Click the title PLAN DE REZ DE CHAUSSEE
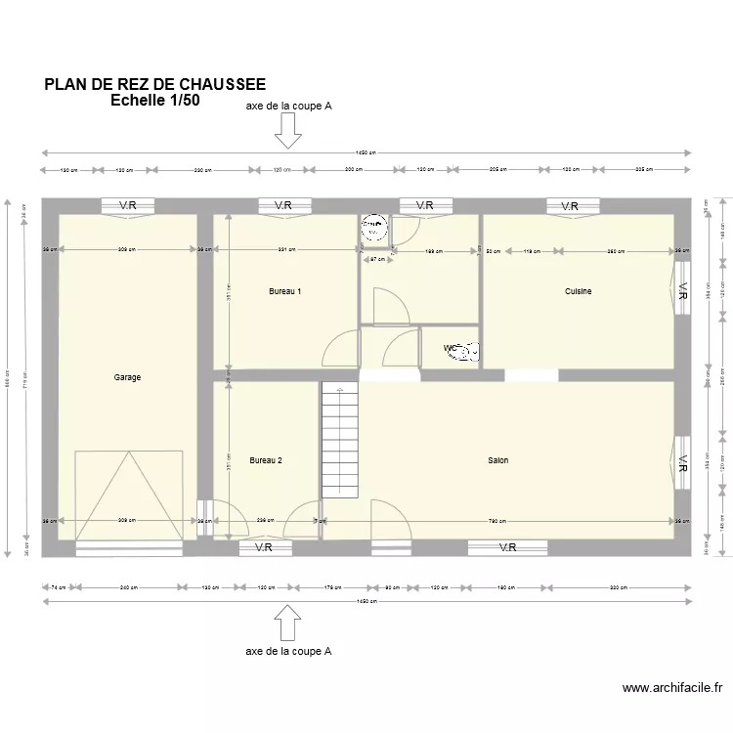(154, 85)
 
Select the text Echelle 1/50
(154, 101)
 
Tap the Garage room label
(127, 377)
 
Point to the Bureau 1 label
(284, 291)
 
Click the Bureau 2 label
(266, 459)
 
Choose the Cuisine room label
(578, 291)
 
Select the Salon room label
(498, 459)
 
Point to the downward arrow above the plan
(287, 130)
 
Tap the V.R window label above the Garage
(128, 205)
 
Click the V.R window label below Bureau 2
(263, 548)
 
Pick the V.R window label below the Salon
(507, 548)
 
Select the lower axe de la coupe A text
(288, 651)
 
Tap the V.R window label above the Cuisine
(569, 206)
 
